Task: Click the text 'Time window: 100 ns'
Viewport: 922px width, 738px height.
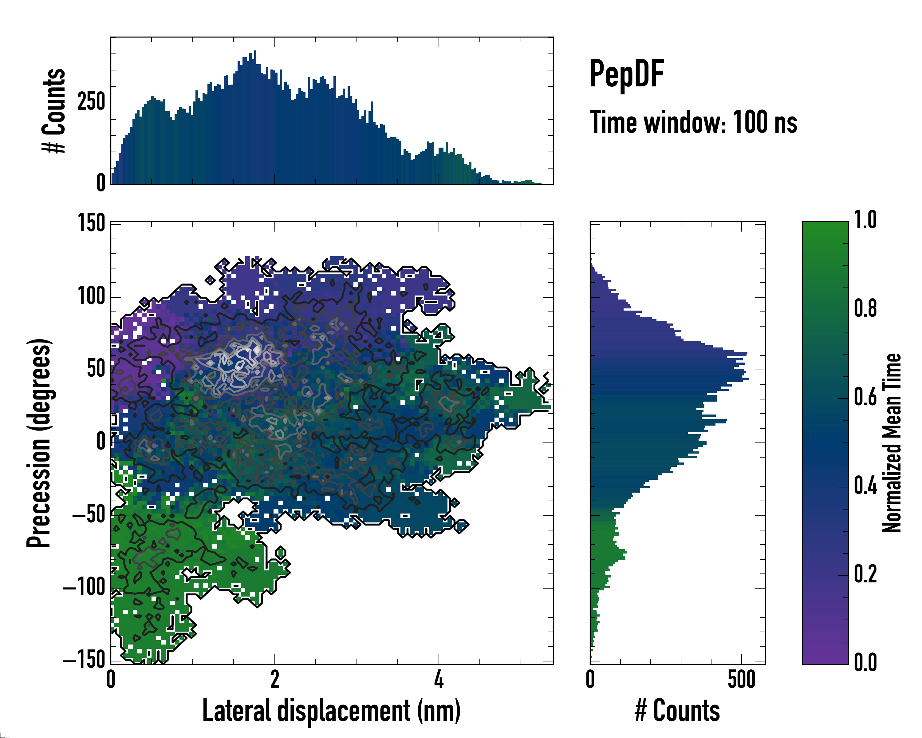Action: (x=693, y=122)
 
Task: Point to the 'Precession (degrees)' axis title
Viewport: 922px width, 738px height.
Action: (x=39, y=443)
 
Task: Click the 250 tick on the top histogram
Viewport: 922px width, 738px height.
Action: (x=91, y=102)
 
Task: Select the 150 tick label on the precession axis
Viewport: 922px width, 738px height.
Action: (x=91, y=223)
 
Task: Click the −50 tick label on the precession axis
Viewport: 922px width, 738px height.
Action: (x=89, y=515)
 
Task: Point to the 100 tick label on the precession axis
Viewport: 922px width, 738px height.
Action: (x=91, y=296)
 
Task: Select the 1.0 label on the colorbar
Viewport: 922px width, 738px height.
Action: (x=865, y=220)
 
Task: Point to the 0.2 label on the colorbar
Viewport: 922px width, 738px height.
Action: (x=865, y=574)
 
